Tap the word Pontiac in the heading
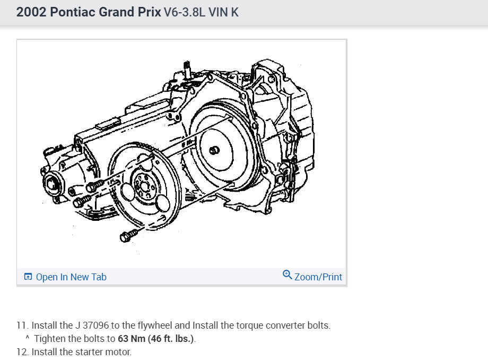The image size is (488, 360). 73,12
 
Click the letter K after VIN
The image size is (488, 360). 234,12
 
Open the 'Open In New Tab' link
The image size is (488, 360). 71,277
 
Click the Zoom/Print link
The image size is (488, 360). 318,277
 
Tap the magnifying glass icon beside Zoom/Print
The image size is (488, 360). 287,275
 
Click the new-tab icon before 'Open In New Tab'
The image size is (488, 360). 28,277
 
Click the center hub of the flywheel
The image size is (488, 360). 144,187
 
